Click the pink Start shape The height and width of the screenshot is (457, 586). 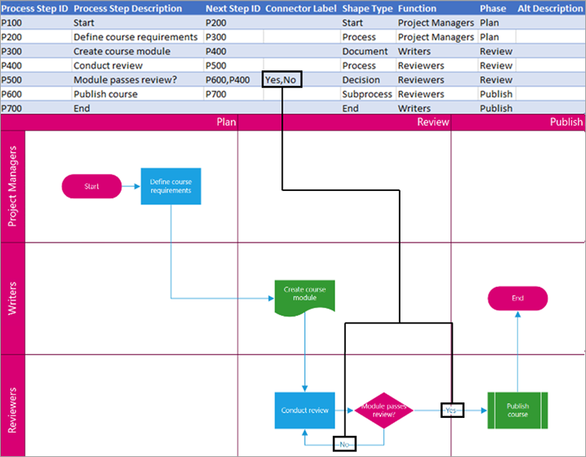coord(91,186)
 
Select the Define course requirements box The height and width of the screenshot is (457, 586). coord(171,186)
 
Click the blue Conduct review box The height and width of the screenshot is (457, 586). coord(305,409)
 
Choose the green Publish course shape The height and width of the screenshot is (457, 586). coord(517,409)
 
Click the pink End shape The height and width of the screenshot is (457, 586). coord(517,298)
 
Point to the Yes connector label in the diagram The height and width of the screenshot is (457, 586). coord(450,409)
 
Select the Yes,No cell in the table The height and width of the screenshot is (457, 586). coord(281,80)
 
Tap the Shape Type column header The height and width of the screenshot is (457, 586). coord(367,9)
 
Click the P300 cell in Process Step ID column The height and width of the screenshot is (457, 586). coord(12,51)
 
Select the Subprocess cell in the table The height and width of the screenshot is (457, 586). coord(366,94)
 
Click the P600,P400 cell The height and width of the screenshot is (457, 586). coord(228,80)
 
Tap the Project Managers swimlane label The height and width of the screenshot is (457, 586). coord(13,186)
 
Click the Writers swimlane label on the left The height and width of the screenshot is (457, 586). coord(13,298)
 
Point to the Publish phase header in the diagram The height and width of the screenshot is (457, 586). coord(566,122)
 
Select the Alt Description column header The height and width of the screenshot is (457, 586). coord(550,9)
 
